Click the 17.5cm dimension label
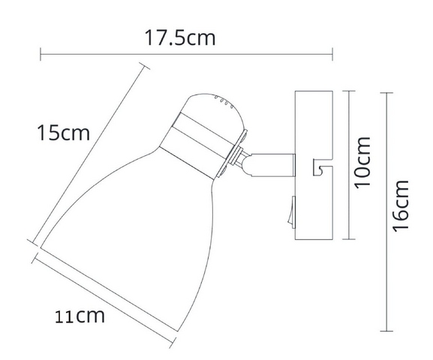[x=179, y=37]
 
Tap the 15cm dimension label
[x=64, y=133]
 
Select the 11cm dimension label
[x=80, y=316]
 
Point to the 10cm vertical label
[x=362, y=163]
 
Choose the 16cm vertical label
[x=400, y=206]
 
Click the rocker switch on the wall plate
[x=292, y=212]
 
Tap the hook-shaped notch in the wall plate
[x=322, y=167]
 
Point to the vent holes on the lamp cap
[x=224, y=101]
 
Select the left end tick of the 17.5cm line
[x=41, y=54]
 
